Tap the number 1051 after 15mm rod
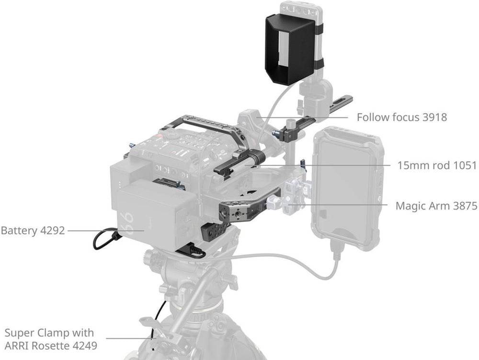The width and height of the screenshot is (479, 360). (x=465, y=165)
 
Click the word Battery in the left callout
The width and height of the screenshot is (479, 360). (x=19, y=231)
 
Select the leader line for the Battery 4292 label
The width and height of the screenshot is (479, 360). (x=106, y=231)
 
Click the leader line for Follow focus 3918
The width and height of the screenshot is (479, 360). (x=302, y=117)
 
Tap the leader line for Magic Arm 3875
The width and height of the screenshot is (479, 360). (x=338, y=205)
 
